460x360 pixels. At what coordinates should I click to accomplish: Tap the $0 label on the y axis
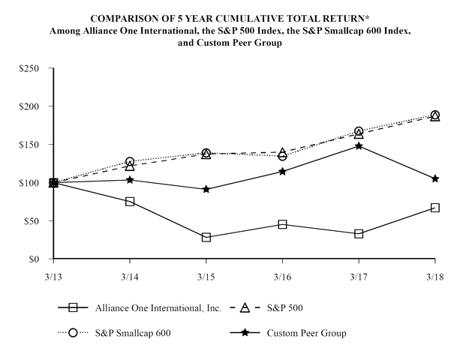[37, 259]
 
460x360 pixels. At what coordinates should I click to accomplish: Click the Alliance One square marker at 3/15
[206, 237]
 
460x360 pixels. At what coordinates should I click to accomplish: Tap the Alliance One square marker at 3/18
[434, 207]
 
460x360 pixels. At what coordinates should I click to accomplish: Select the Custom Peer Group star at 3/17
[359, 145]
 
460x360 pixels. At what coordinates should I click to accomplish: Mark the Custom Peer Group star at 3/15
[206, 189]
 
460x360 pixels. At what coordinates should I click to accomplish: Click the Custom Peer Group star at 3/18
[434, 178]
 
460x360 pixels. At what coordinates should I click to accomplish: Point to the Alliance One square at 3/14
[130, 202]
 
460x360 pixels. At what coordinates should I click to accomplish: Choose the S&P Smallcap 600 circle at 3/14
[130, 161]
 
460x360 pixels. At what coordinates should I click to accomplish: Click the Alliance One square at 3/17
[359, 233]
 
